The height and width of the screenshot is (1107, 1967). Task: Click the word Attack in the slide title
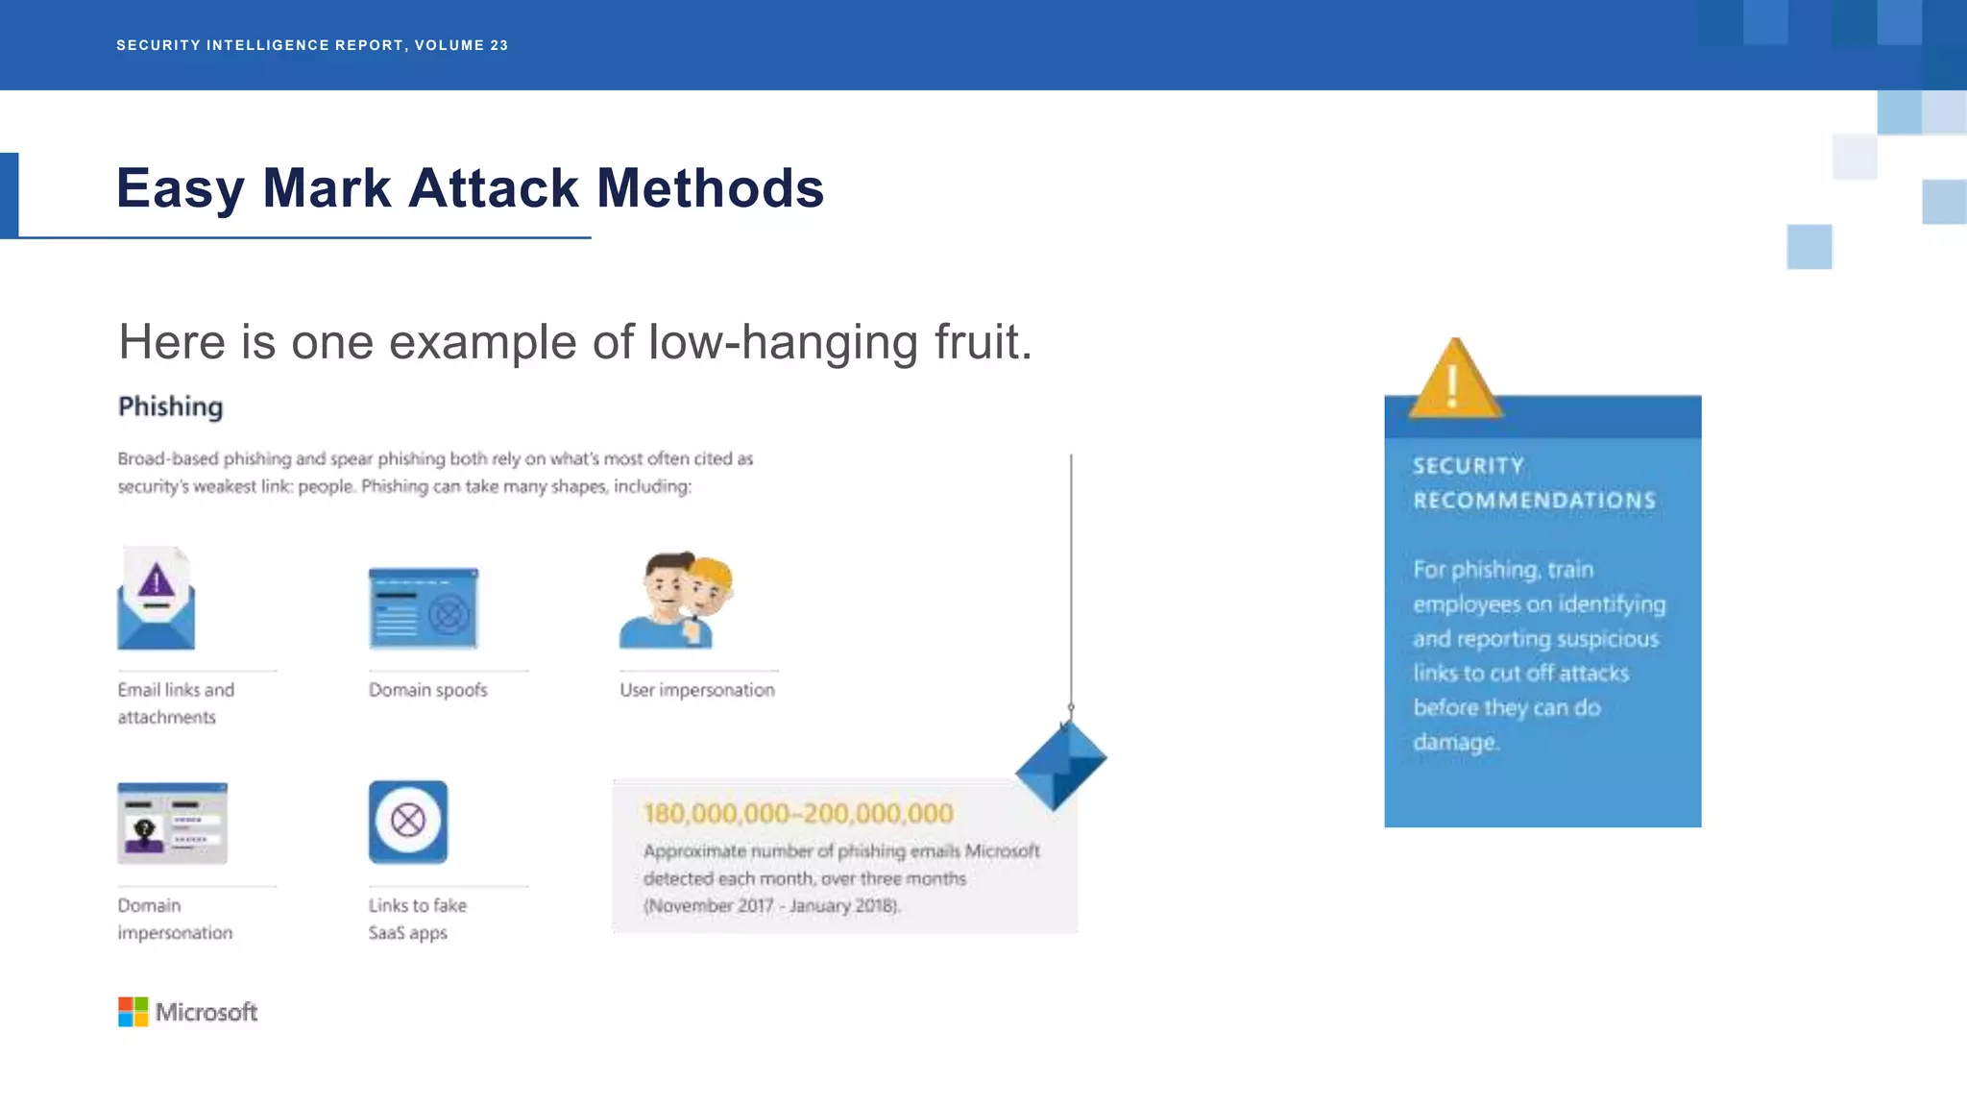pos(493,188)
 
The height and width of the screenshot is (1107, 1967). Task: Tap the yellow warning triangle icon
pos(1454,381)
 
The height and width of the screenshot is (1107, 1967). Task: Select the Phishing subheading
pos(170,406)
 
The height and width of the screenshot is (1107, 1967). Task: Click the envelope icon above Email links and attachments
pos(156,600)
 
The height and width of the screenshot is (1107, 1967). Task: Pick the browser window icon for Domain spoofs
pos(424,607)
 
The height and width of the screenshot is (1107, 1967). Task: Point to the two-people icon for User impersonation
pos(677,600)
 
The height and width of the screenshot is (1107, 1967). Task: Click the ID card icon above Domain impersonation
pos(172,823)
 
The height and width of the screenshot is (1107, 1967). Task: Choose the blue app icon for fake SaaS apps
pos(408,822)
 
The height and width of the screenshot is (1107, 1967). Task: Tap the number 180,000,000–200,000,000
pos(797,814)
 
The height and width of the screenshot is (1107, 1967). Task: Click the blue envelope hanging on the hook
pos(1061,765)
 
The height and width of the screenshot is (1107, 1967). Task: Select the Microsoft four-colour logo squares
pos(133,1012)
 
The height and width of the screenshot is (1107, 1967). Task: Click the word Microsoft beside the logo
pos(206,1012)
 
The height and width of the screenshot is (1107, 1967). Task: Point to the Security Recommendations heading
pos(1533,483)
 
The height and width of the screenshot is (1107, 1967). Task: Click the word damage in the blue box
pos(1455,742)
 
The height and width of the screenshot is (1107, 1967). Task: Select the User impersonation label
pos(696,690)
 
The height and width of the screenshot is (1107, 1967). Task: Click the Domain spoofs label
pos(427,690)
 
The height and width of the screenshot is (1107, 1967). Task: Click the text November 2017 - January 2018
pos(771,905)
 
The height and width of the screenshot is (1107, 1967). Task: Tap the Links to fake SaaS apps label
pos(417,919)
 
